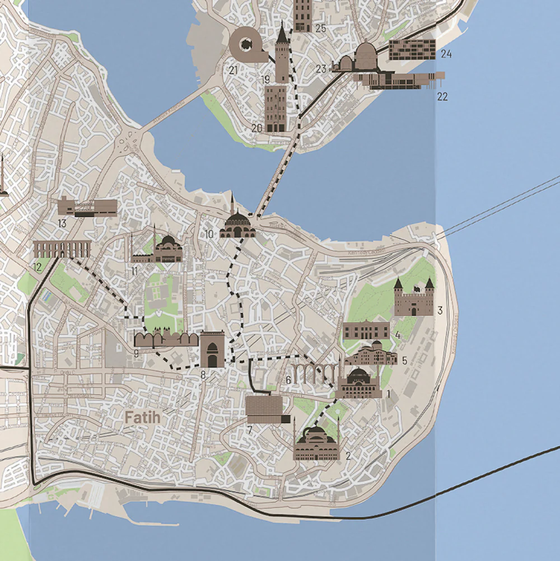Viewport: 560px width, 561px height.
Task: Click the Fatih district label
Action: pos(142,418)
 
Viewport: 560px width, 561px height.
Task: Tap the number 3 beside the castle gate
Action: pos(440,310)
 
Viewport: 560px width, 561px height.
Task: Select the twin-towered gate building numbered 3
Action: pos(414,298)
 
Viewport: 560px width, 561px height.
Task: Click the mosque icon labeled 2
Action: pos(316,442)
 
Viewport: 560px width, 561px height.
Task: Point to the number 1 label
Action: pos(388,394)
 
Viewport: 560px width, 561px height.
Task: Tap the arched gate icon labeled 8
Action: pos(212,349)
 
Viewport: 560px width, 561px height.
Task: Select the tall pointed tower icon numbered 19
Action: pos(282,53)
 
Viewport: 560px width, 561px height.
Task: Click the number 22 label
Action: pos(442,97)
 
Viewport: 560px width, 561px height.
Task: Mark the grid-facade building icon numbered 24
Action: pos(412,50)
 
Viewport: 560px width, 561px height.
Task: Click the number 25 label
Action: pos(320,28)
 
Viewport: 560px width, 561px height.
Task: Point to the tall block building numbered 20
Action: pos(276,108)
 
